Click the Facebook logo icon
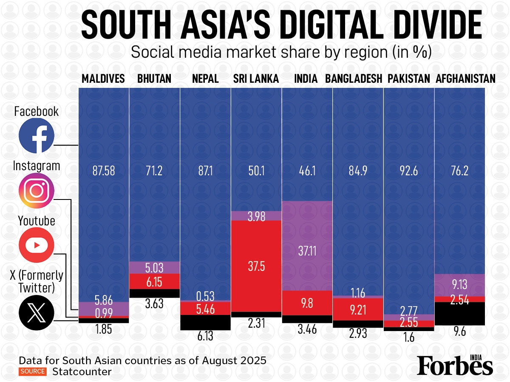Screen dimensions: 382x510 tap(37, 136)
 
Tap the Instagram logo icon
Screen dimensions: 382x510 tap(37, 190)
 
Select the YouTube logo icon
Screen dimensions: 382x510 tap(37, 245)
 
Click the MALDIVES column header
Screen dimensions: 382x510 tap(103, 79)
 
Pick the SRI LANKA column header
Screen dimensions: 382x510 tap(256, 79)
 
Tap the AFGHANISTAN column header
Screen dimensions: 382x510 tap(465, 79)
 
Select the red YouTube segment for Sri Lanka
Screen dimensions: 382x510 tap(256, 266)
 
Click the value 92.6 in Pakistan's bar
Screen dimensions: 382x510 tap(408, 171)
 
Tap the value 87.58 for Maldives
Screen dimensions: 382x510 tap(103, 171)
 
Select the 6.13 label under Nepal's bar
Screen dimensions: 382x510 tap(205, 337)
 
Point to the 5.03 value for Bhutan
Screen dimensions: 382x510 tap(154, 268)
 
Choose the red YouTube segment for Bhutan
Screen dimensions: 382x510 tap(154, 281)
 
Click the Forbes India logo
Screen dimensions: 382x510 tap(455, 364)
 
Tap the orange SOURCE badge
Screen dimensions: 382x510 tap(32, 371)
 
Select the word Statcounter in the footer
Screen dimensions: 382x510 tap(82, 372)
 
